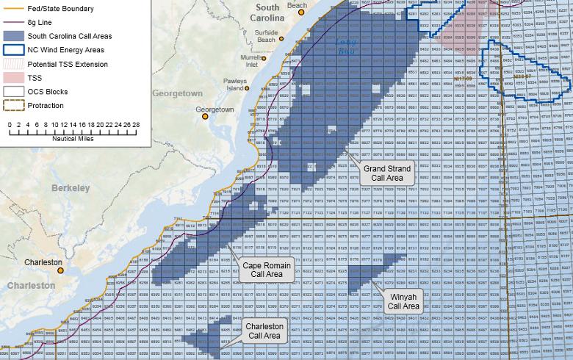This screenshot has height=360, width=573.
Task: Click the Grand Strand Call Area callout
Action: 388,173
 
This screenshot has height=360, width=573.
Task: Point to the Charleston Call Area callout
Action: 264,351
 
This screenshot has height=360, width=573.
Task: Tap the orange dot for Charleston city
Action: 62,270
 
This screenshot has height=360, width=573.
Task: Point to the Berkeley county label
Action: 71,188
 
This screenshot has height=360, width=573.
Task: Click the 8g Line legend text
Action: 40,21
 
